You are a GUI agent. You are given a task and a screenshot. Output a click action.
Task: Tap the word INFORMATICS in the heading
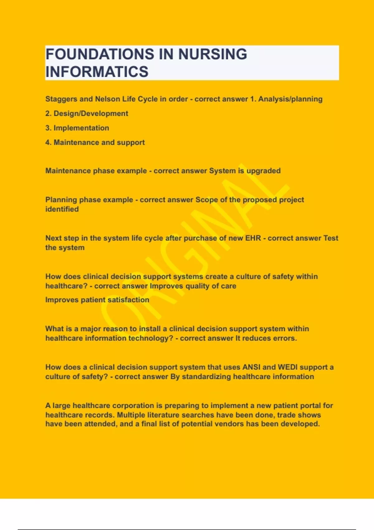coord(97,72)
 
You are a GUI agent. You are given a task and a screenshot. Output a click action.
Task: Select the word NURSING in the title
coord(213,54)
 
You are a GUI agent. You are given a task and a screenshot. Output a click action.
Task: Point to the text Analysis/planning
coord(290,99)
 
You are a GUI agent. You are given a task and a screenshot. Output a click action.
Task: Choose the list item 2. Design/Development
coord(87,113)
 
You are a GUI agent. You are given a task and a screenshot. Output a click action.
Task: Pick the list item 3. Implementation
coord(77,128)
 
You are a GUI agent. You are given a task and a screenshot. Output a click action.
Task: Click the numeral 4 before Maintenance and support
coord(48,142)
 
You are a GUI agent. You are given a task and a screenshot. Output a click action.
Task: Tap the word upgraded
coord(264,171)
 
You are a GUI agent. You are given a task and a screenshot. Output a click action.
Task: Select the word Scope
coord(207,200)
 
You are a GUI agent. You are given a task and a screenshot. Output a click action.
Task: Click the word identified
coord(62,209)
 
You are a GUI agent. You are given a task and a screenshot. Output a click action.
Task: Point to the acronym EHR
coord(253,238)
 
